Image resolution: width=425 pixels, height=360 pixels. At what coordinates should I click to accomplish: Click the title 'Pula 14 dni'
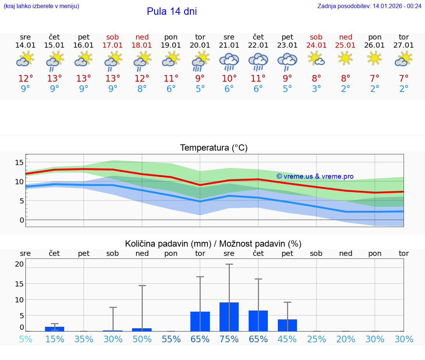(x=172, y=11)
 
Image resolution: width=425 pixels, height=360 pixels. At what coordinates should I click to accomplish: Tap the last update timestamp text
(x=369, y=6)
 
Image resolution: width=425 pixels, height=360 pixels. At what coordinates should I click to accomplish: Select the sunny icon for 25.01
(x=345, y=58)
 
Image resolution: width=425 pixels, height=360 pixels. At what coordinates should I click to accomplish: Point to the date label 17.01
(x=113, y=45)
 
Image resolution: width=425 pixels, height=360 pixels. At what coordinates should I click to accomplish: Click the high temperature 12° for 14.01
(x=25, y=79)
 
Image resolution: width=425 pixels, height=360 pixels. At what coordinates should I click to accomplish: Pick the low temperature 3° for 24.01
(x=316, y=89)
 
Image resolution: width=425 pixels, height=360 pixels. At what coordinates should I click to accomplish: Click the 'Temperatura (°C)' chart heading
(x=214, y=148)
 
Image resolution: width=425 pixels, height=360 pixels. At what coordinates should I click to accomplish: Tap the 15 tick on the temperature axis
(x=20, y=162)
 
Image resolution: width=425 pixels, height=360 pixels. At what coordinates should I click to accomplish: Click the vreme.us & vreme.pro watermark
(x=315, y=176)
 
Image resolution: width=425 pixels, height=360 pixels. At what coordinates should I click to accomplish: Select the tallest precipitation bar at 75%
(x=229, y=316)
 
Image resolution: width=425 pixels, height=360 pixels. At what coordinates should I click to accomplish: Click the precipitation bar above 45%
(x=287, y=325)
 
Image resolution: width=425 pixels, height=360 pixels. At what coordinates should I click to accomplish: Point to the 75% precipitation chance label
(x=229, y=339)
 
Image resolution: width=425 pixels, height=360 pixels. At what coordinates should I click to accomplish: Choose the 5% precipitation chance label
(x=25, y=339)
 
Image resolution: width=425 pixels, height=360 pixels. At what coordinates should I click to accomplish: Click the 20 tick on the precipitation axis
(x=20, y=264)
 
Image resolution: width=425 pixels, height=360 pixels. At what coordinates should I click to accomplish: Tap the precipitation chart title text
(x=213, y=244)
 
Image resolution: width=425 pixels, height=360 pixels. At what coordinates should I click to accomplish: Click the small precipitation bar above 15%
(x=55, y=329)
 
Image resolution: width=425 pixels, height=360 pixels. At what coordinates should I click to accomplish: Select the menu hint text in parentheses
(x=41, y=6)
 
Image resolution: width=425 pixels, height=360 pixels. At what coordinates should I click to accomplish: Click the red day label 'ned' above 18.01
(x=142, y=37)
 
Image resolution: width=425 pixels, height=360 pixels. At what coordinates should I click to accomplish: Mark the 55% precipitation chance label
(x=171, y=339)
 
